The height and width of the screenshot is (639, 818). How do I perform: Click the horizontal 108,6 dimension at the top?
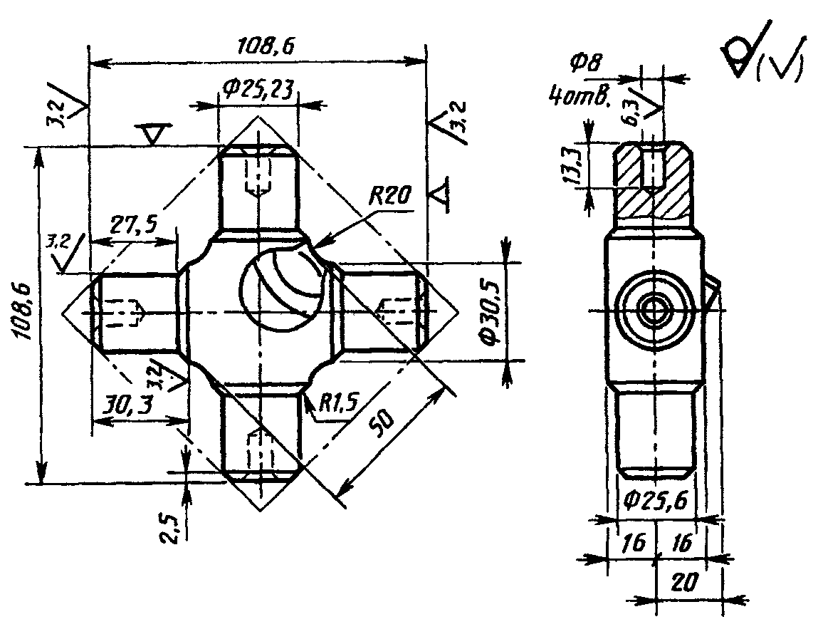(266, 46)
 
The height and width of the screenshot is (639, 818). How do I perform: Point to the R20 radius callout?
(390, 197)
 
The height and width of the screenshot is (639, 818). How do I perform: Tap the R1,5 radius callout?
(339, 402)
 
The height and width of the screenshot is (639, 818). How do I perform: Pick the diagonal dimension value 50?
(383, 421)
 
